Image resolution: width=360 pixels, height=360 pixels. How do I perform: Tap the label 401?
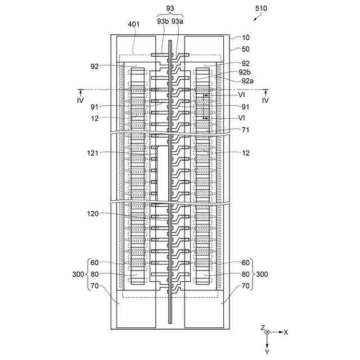click(x=134, y=24)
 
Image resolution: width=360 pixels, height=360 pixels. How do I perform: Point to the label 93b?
click(x=163, y=21)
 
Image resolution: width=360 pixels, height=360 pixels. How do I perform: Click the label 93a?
click(x=178, y=21)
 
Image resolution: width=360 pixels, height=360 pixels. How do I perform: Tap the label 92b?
click(x=245, y=72)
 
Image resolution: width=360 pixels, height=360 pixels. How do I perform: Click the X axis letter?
click(x=285, y=332)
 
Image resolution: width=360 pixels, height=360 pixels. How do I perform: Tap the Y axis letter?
click(x=267, y=352)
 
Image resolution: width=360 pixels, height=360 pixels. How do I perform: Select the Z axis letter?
click(x=262, y=327)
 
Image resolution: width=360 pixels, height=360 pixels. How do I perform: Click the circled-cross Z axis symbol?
click(x=267, y=332)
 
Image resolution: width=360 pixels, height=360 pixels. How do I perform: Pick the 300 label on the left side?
click(x=78, y=274)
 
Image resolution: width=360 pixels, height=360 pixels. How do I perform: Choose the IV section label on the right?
click(x=265, y=100)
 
